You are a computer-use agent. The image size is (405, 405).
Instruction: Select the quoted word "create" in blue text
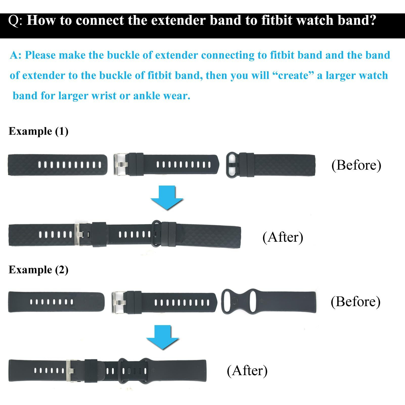coord(293,75)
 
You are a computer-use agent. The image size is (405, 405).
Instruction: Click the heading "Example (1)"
coord(38,131)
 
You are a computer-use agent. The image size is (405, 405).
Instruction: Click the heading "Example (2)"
coord(38,270)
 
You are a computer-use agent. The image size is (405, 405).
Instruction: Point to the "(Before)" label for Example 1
coord(356,165)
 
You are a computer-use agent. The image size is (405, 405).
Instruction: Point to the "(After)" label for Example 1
coord(283,237)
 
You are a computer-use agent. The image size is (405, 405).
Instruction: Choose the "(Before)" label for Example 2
coord(355,302)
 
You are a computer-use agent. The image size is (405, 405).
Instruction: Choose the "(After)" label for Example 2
coord(247,371)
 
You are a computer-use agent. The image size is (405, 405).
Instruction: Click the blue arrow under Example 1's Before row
coord(167,197)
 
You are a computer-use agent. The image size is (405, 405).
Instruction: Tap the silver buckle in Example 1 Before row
coord(120,165)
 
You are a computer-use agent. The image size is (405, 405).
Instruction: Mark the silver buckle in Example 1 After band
coord(78,235)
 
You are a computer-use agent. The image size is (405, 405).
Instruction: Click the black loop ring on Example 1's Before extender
coord(232,165)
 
